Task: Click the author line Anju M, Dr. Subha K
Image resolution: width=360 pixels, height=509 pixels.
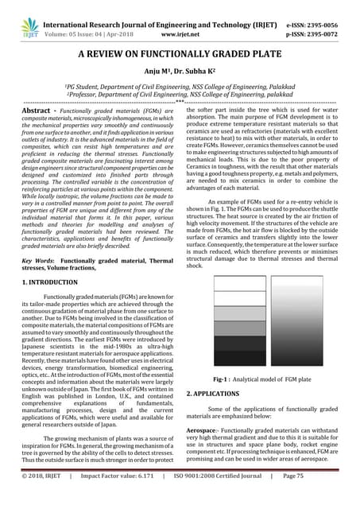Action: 180,68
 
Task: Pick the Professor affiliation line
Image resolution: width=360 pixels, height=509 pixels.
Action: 180,95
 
